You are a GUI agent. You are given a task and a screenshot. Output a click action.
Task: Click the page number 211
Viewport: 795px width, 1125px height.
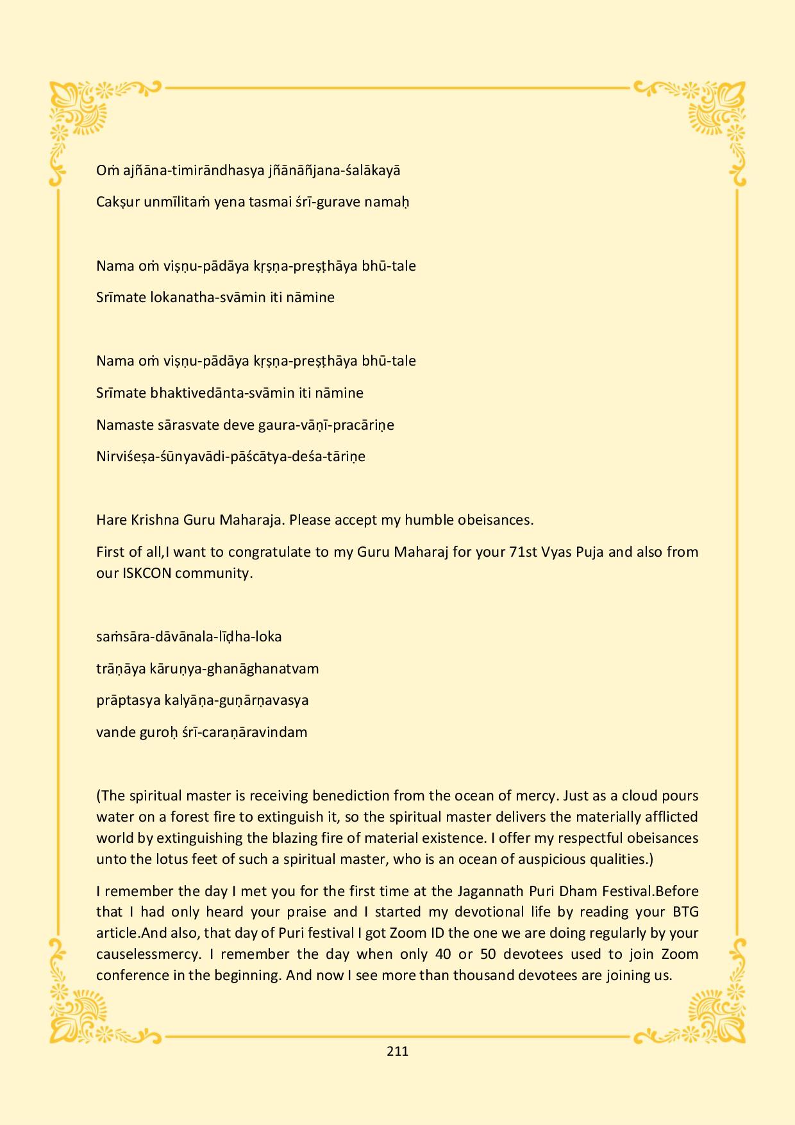coord(397,1051)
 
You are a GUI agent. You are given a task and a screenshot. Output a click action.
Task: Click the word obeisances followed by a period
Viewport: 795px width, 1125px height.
coord(496,520)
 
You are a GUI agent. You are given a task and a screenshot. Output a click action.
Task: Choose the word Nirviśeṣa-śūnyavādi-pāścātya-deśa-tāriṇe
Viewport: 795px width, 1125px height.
coord(231,457)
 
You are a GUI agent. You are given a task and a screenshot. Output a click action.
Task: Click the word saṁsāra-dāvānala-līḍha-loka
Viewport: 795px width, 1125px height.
coord(189,637)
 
